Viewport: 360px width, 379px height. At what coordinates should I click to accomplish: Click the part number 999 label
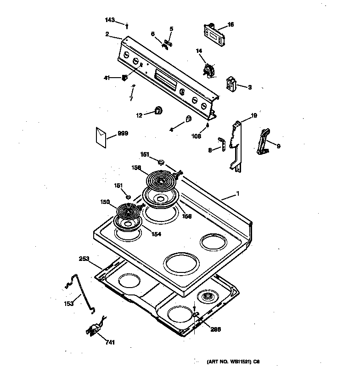click(123, 133)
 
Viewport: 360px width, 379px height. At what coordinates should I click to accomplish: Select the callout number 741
click(110, 342)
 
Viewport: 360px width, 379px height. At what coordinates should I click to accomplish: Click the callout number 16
click(231, 24)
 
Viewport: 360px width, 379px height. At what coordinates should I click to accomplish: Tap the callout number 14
click(199, 51)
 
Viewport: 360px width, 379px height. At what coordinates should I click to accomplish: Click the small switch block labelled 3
click(231, 84)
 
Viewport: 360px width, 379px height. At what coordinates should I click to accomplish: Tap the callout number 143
click(110, 20)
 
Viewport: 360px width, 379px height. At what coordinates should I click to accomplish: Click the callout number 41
click(107, 78)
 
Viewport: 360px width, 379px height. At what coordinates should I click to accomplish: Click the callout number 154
click(156, 234)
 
